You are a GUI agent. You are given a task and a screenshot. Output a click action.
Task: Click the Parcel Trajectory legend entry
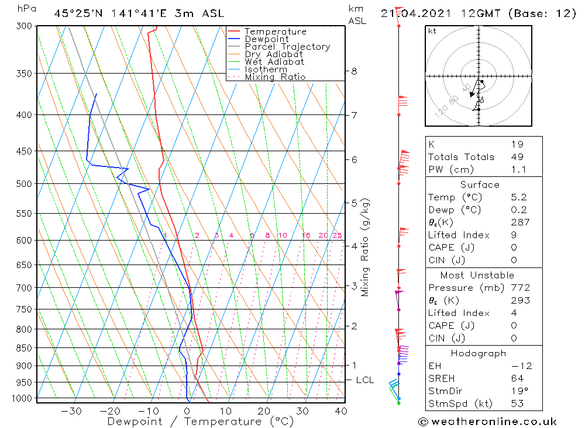(x=287, y=47)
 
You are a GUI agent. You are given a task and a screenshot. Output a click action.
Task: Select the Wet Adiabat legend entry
(x=274, y=62)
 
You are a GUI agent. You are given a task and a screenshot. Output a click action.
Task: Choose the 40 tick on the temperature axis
(x=340, y=411)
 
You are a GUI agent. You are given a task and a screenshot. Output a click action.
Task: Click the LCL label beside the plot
(x=364, y=380)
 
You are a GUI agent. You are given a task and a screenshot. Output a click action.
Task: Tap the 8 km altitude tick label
(x=354, y=71)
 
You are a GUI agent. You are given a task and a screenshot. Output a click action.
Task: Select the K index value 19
(x=517, y=144)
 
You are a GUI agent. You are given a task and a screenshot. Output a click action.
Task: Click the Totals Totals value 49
(x=517, y=157)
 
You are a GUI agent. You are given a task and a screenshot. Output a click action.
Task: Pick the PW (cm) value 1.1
(x=518, y=170)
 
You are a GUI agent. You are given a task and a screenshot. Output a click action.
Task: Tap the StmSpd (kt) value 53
(x=517, y=403)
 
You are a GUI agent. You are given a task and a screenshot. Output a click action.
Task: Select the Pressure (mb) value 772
(x=520, y=288)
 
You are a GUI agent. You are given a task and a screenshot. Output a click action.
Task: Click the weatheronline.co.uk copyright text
(x=487, y=422)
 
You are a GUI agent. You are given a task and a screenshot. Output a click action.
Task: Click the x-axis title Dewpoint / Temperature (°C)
(x=192, y=422)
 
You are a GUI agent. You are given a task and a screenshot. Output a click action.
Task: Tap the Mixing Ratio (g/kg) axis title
(x=366, y=247)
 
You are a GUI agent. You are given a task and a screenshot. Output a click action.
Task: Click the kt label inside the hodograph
(x=432, y=32)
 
